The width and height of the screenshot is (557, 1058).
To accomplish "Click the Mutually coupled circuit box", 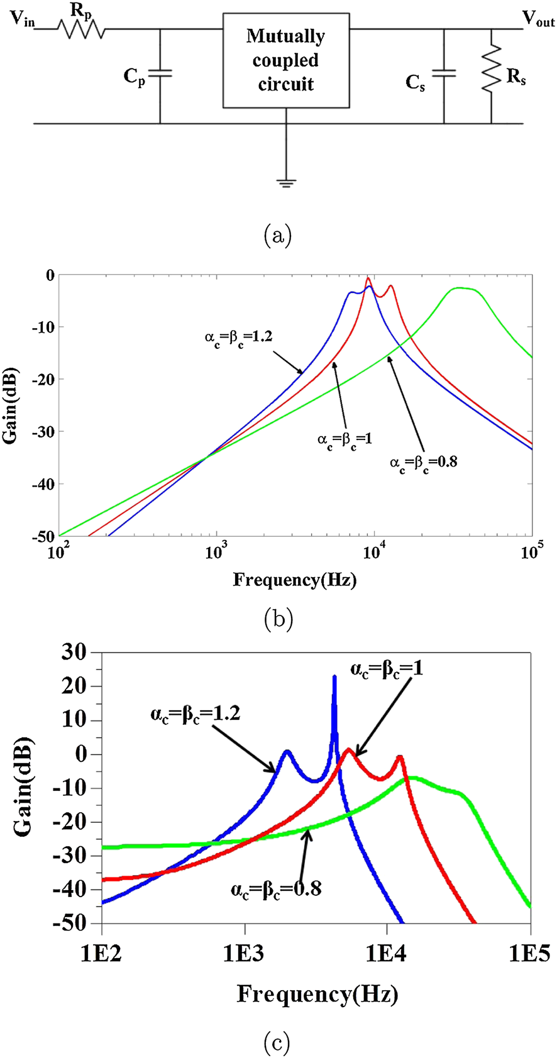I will pos(286,60).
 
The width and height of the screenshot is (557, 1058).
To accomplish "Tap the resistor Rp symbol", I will pos(81,29).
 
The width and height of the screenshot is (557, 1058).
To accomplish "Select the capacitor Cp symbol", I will pos(160,74).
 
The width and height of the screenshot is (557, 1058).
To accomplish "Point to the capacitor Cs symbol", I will pos(444,74).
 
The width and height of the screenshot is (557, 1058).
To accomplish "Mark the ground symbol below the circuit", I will pos(287,183).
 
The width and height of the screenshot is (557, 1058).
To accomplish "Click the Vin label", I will pos(22,20).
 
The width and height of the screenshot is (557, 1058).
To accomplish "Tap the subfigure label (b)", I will pos(278,620).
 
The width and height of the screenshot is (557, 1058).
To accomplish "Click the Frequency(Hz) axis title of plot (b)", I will pos(295,580).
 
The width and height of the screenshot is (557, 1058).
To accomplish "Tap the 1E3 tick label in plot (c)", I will pos(245,953).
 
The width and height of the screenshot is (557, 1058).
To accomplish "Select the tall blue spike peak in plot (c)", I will pos(334,678).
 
